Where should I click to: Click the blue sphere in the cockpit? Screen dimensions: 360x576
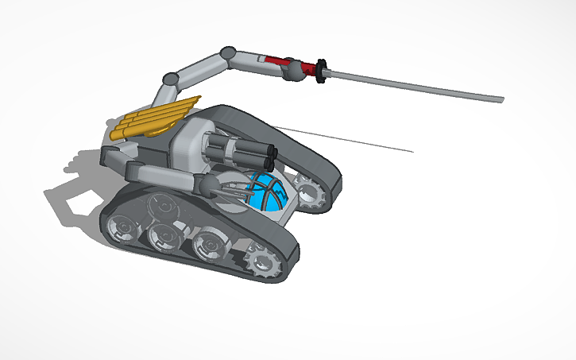[x=266, y=194]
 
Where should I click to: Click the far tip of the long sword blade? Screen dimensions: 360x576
[x=501, y=99]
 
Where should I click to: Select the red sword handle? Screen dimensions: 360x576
[x=277, y=60]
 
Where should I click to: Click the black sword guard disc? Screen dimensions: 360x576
[x=322, y=70]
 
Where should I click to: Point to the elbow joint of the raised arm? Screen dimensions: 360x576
[x=227, y=53]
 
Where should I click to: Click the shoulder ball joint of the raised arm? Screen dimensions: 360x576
[x=169, y=79]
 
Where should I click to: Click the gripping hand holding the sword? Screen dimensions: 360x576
[x=294, y=72]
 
